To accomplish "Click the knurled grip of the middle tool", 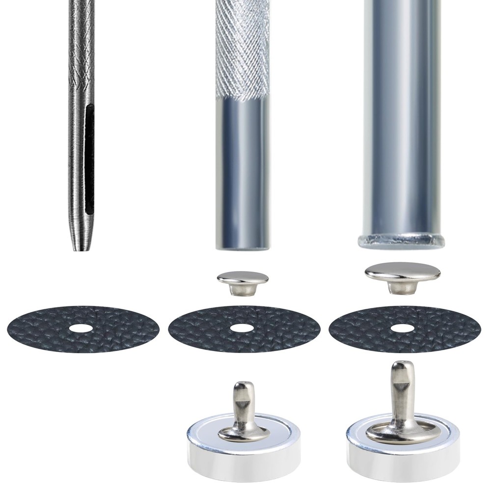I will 243,49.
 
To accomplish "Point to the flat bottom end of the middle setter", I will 243,245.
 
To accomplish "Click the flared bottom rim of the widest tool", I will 402,241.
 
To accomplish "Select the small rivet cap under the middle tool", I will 243,279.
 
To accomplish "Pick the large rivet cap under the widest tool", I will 403,271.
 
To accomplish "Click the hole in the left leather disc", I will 83,328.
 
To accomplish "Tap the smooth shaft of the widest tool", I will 402,123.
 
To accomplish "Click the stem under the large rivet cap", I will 402,287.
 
